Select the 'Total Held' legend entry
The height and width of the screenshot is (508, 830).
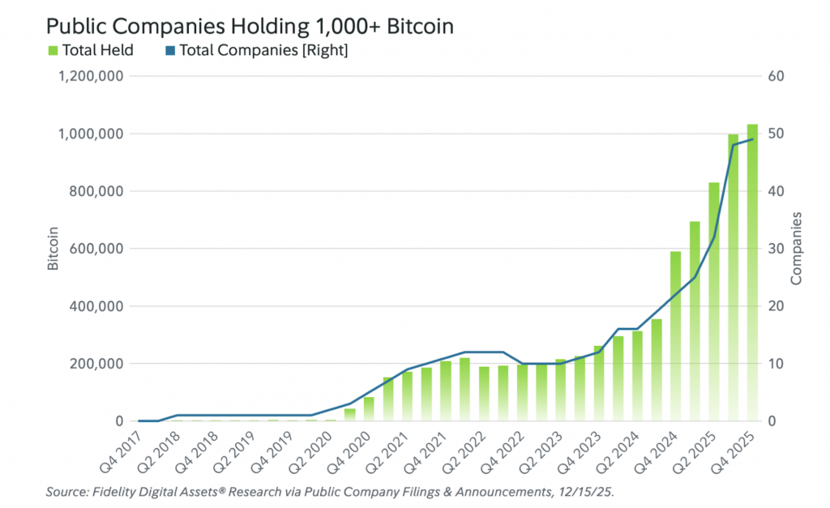pyautogui.click(x=90, y=50)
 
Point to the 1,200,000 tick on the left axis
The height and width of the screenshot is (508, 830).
pyautogui.click(x=90, y=76)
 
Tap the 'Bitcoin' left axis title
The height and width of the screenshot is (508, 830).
pyautogui.click(x=53, y=249)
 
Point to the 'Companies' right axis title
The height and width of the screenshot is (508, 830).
pyautogui.click(x=796, y=249)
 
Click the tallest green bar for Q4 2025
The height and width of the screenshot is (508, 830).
pyautogui.click(x=752, y=275)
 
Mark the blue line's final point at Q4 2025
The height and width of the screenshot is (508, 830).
pyautogui.click(x=752, y=139)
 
